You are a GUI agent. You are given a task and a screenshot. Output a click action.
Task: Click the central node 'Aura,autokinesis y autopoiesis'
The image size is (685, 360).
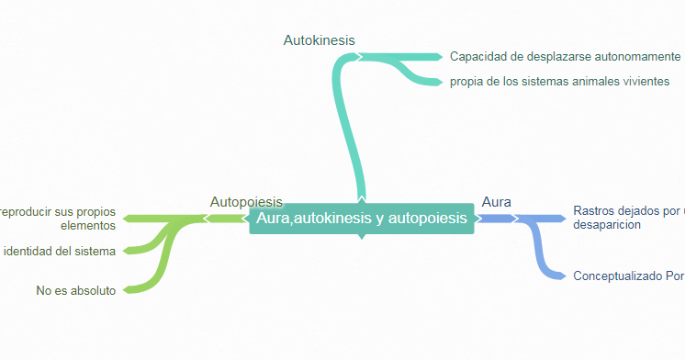tap(361, 219)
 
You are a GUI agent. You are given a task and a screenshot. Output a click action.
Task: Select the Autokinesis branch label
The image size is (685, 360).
tap(319, 40)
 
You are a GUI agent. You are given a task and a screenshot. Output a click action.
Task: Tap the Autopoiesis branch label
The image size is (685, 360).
tap(246, 202)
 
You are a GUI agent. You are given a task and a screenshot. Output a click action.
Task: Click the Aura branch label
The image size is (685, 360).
tap(496, 202)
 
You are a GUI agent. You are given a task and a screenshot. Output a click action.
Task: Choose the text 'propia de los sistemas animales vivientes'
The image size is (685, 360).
tap(559, 82)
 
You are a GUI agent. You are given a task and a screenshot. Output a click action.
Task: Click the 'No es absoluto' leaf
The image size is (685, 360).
tap(76, 291)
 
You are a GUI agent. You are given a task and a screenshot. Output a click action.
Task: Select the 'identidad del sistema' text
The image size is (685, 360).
tap(60, 252)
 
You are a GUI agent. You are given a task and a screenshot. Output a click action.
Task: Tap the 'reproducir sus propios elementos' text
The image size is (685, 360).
tap(59, 218)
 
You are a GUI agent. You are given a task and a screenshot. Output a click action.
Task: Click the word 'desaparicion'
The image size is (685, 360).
tap(606, 225)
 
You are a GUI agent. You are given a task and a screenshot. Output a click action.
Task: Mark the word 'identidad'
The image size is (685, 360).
tap(28, 252)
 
